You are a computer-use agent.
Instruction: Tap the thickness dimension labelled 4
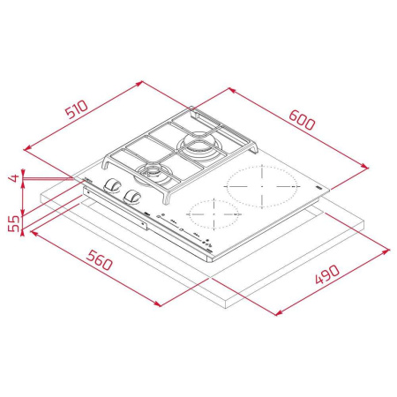tap(13, 178)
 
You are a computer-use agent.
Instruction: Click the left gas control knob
tap(114, 185)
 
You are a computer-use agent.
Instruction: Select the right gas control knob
tap(134, 196)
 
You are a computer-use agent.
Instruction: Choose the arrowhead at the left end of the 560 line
tap(32, 233)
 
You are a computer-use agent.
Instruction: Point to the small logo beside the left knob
tap(89, 181)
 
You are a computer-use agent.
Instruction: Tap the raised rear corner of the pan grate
tap(192, 113)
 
